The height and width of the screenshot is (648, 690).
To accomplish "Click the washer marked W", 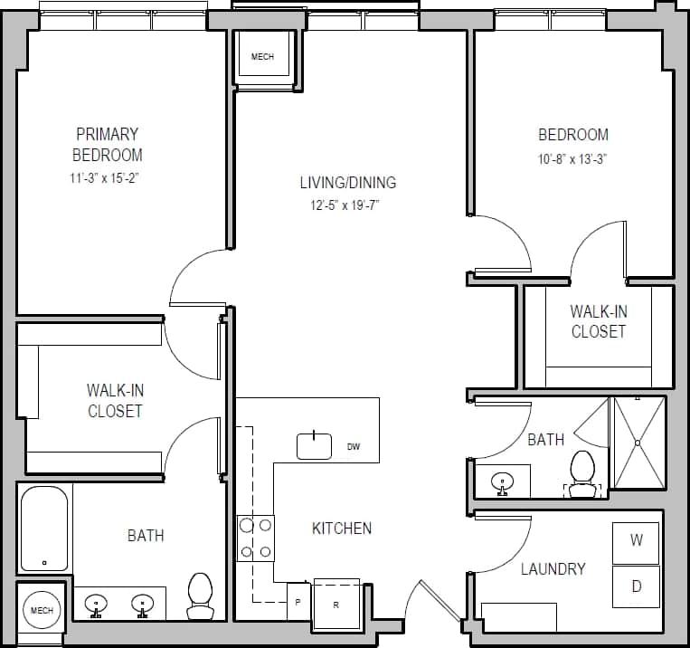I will pyautogui.click(x=637, y=541).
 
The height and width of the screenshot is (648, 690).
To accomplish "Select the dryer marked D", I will pyautogui.click(x=637, y=586).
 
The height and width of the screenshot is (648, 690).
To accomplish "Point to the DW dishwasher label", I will pyautogui.click(x=353, y=447).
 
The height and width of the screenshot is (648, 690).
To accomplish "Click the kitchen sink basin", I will pyautogui.click(x=314, y=446).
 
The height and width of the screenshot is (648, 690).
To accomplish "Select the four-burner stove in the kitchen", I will pyautogui.click(x=255, y=538).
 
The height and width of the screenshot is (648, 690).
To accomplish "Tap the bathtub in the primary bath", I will pyautogui.click(x=44, y=529).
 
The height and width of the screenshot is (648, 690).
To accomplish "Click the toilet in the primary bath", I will pyautogui.click(x=200, y=596).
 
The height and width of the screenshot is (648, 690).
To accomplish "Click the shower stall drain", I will pyautogui.click(x=638, y=443).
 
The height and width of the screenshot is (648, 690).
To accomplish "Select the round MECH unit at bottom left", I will pyautogui.click(x=42, y=610).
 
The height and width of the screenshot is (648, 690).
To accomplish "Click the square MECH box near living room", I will pyautogui.click(x=262, y=58).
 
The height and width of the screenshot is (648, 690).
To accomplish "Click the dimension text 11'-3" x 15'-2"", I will pyautogui.click(x=107, y=177).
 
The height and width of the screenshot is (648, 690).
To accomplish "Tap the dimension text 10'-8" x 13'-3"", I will pyautogui.click(x=573, y=157).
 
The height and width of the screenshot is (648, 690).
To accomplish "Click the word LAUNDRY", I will pyautogui.click(x=553, y=569).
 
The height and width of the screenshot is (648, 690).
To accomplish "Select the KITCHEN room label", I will pyautogui.click(x=342, y=528).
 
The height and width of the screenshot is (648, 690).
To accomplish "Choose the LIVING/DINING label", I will pyautogui.click(x=348, y=183).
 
